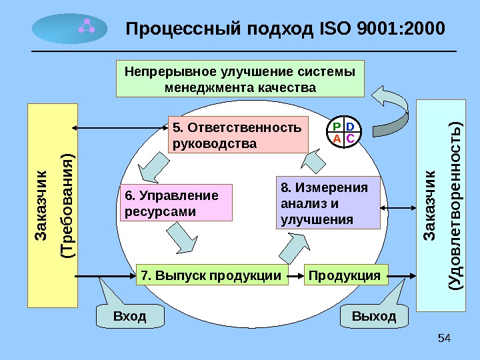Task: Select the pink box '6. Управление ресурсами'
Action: [x=178, y=203]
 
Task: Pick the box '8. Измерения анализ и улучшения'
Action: [x=327, y=203]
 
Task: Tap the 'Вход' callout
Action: [x=130, y=316]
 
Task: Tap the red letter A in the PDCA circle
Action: [x=337, y=138]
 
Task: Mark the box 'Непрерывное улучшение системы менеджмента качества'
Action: [x=241, y=79]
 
